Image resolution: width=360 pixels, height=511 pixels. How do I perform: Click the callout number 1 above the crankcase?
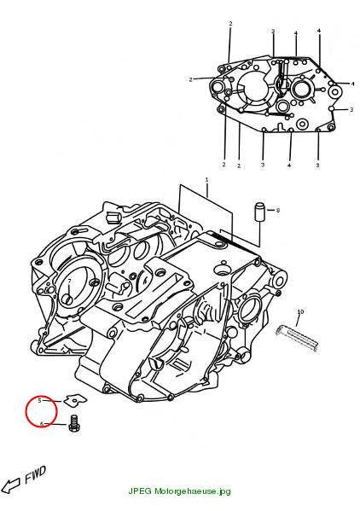tap(206, 179)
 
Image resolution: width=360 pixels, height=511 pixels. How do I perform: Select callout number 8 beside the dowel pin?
tap(277, 210)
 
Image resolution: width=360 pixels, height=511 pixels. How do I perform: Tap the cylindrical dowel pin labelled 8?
tap(259, 212)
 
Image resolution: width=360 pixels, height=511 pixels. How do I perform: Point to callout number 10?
tap(300, 312)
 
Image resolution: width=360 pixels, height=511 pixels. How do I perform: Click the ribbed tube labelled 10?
tap(297, 339)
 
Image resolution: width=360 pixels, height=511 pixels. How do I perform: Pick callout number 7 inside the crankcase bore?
tap(69, 282)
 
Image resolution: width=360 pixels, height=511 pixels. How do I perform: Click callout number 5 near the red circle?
tap(40, 400)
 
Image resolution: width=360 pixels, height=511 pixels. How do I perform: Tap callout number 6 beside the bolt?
tap(42, 424)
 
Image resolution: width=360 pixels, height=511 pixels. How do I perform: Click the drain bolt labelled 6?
tap(74, 423)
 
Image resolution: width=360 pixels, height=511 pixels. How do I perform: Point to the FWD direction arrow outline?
tap(10, 485)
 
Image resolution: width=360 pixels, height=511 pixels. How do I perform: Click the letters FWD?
tap(35, 474)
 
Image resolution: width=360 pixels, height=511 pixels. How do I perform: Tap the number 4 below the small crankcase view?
tap(289, 165)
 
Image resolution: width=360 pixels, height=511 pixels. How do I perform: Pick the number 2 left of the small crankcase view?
tap(190, 79)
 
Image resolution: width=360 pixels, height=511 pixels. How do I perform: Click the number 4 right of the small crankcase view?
tap(352, 84)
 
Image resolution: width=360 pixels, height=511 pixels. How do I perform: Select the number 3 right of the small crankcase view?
tap(351, 109)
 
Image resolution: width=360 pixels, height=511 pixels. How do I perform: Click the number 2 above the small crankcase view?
tap(230, 24)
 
